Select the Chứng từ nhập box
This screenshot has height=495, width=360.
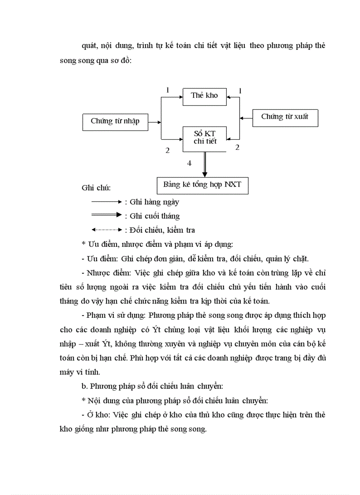tap(115, 121)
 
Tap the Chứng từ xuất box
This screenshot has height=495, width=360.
tap(285, 117)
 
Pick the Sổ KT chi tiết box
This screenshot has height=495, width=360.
tap(204, 138)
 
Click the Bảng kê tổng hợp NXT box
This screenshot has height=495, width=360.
tap(202, 185)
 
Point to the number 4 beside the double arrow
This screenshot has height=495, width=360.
tap(189, 163)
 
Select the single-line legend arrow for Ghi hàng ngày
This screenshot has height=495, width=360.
tap(106, 201)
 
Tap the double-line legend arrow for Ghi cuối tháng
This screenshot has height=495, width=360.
tap(106, 215)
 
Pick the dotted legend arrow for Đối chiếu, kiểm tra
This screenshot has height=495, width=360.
tap(106, 229)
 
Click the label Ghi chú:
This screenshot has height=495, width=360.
tap(96, 188)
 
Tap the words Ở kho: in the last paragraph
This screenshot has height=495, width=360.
tap(99, 414)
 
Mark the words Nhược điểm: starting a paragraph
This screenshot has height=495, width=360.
tap(105, 272)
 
